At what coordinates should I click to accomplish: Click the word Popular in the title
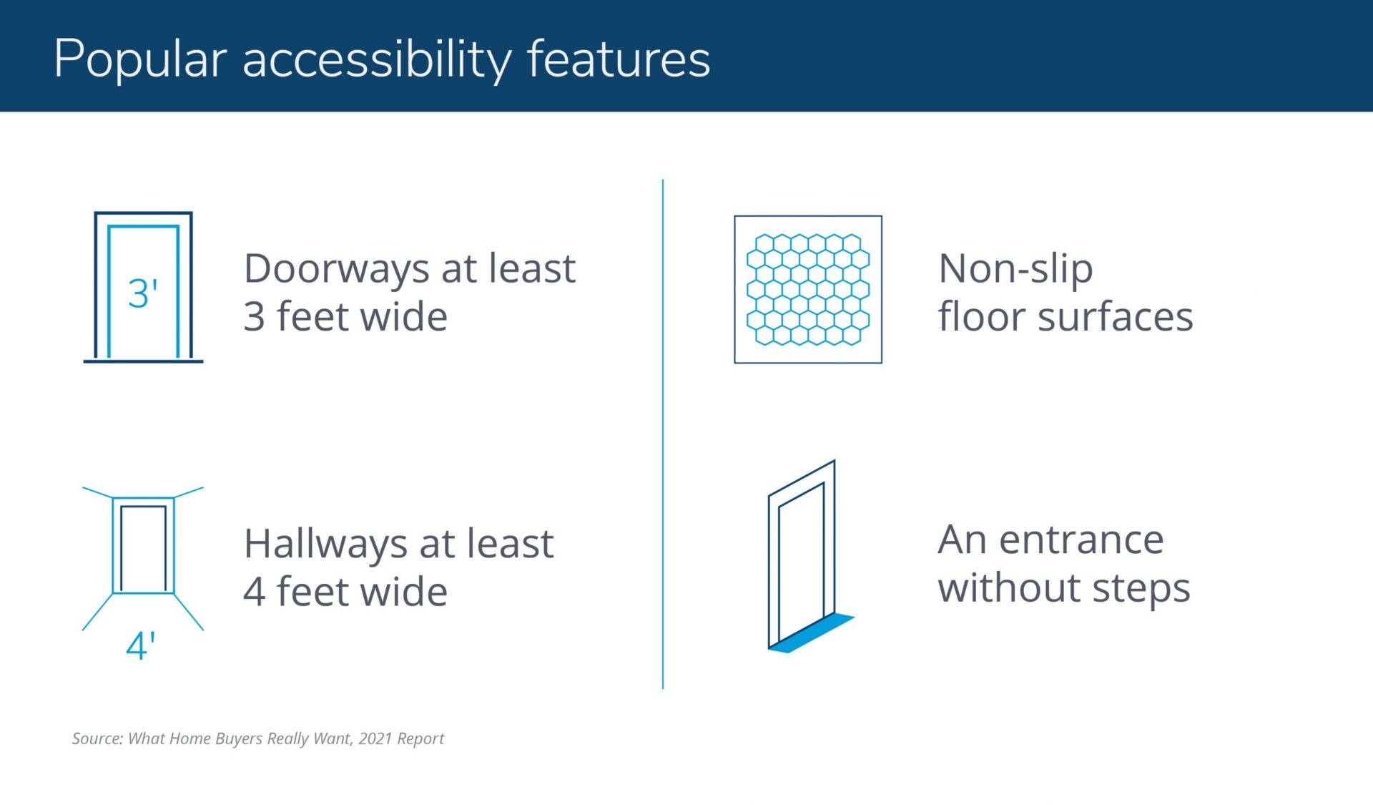[141, 60]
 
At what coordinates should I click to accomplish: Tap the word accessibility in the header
[377, 60]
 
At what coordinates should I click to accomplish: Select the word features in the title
[619, 59]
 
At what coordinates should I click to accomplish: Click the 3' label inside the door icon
[142, 293]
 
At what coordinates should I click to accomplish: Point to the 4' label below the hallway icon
[141, 646]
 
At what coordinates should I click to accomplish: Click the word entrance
[1081, 540]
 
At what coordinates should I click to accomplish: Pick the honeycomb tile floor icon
[808, 289]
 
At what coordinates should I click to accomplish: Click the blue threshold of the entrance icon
[812, 633]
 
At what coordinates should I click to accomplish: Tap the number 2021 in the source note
[375, 738]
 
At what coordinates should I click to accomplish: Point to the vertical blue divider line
[663, 434]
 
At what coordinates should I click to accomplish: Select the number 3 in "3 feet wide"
[254, 317]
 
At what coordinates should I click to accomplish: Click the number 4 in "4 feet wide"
[255, 592]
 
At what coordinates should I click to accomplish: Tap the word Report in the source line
[420, 739]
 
